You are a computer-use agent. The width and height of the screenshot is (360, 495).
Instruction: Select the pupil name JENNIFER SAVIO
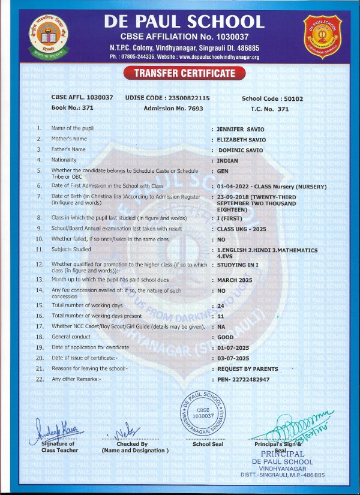tap(240, 128)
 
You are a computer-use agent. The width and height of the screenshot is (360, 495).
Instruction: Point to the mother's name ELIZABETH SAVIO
tap(242, 139)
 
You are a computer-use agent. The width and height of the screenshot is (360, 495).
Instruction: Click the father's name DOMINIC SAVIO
tap(242, 149)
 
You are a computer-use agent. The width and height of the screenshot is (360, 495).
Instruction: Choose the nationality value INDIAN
tap(227, 160)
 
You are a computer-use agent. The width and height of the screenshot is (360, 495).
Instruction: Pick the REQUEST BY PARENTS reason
tap(247, 369)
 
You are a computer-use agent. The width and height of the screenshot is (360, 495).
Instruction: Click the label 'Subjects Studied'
tap(71, 249)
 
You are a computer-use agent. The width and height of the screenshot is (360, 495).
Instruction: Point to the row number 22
tap(40, 379)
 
